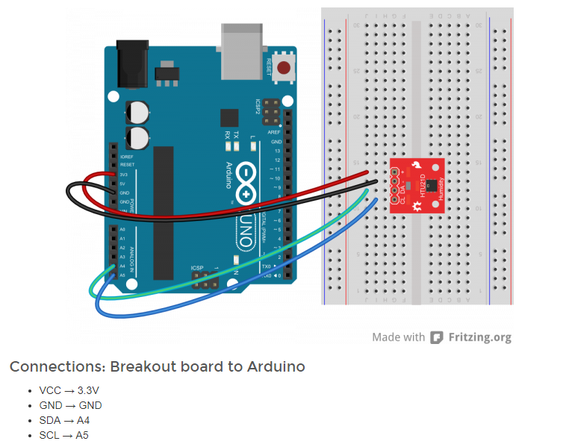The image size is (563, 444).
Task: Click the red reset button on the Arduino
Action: pyautogui.click(x=284, y=69)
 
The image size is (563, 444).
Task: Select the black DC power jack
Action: pyautogui.click(x=130, y=65)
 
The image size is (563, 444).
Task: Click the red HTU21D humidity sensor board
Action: pyautogui.click(x=417, y=185)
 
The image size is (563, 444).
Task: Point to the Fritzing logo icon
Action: pyautogui.click(x=437, y=337)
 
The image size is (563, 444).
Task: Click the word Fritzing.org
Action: pyautogui.click(x=480, y=337)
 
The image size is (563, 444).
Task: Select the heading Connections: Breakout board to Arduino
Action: pyautogui.click(x=157, y=366)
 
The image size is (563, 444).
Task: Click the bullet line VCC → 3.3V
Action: pyautogui.click(x=69, y=390)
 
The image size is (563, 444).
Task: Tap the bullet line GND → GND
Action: pyautogui.click(x=70, y=405)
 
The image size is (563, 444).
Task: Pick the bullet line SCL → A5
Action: pyautogui.click(x=64, y=435)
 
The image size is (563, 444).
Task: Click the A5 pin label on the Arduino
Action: pyautogui.click(x=122, y=275)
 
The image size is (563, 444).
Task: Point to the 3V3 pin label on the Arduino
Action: pyautogui.click(x=124, y=174)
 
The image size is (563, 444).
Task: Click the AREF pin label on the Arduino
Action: pyautogui.click(x=275, y=132)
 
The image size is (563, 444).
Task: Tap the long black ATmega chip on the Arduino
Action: pyautogui.click(x=164, y=213)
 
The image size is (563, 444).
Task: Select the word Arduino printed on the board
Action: pyautogui.click(x=231, y=175)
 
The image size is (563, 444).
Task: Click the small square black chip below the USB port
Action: pyautogui.click(x=229, y=117)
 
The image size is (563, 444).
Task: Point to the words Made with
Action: pyautogui.click(x=399, y=337)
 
